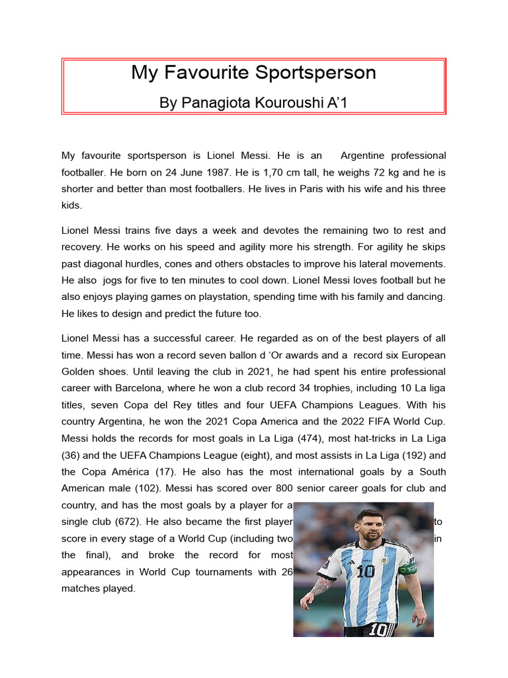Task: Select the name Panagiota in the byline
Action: (219, 103)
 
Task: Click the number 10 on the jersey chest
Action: (365, 571)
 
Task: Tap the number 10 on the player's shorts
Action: (378, 630)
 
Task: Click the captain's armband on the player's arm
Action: (408, 568)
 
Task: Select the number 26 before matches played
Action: (286, 571)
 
